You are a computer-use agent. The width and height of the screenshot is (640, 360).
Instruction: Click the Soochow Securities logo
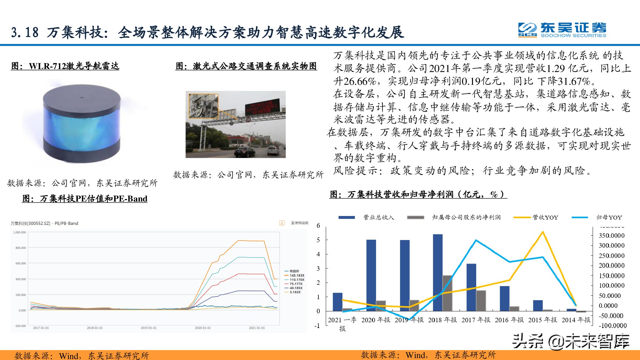[562, 30]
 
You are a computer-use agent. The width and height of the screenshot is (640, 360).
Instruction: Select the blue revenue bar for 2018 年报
[437, 272]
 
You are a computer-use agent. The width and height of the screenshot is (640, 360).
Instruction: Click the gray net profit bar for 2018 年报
[447, 293]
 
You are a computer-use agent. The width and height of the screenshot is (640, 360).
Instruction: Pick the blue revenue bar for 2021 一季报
[337, 302]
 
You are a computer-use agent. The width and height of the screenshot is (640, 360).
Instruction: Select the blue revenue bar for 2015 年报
[538, 305]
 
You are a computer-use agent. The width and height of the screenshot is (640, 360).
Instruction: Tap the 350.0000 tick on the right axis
[612, 236]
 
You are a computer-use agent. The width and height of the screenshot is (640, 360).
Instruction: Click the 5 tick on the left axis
[318, 240]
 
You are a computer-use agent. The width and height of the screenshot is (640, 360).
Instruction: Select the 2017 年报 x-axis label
[476, 320]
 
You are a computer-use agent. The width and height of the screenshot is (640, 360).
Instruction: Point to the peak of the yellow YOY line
[543, 232]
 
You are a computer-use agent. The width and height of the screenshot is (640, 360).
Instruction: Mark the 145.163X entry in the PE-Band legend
[297, 275]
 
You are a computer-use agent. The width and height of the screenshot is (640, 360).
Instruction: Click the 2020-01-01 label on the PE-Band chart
[203, 328]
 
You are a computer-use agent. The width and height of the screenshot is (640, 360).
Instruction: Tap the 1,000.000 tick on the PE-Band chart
[20, 232]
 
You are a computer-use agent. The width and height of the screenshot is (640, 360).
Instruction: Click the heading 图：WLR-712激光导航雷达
[65, 66]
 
